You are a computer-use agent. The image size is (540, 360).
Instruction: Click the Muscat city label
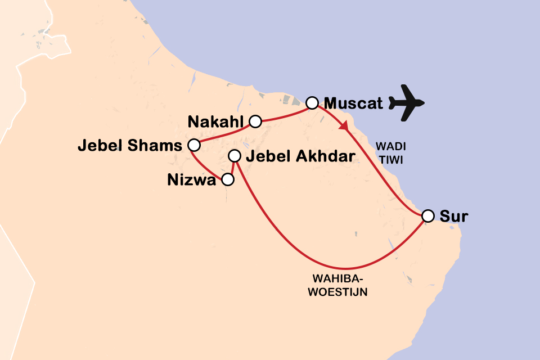353,104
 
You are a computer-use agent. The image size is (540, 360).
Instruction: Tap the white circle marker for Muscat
312,103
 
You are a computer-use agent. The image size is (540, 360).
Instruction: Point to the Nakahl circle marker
255,120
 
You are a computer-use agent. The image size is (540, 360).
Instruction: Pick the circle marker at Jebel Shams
193,145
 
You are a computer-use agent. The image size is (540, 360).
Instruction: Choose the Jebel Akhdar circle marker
235,156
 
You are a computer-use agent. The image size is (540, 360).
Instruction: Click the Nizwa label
192,181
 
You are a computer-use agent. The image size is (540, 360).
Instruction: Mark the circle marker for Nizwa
227,180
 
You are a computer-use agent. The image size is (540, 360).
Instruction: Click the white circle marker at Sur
428,216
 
